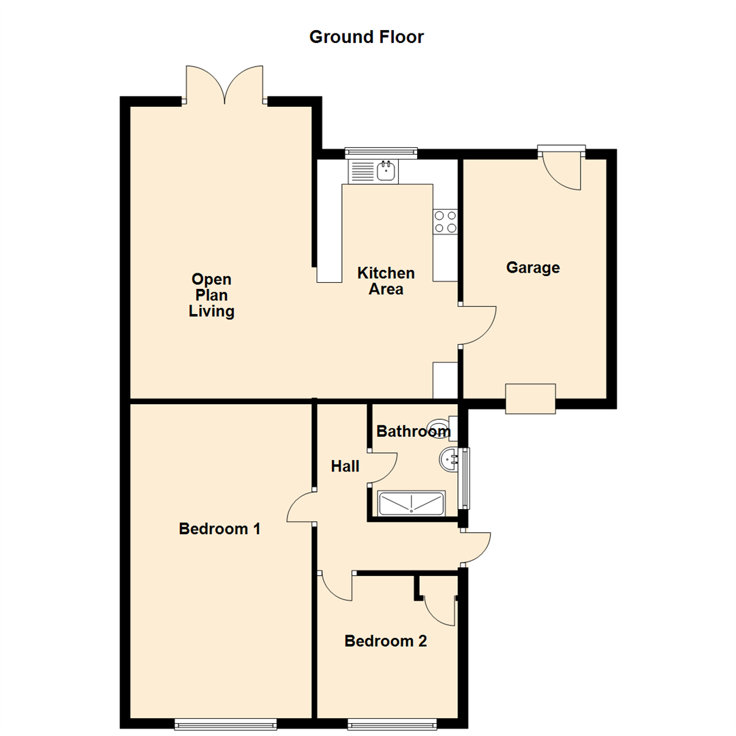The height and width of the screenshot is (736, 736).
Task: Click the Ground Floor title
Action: (x=367, y=37)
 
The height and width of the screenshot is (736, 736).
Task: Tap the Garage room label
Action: (x=532, y=268)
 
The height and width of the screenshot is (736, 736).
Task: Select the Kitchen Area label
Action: (x=386, y=281)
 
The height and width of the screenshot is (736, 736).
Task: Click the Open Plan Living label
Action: (x=211, y=295)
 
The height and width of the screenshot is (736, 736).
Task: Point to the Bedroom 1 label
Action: (x=219, y=528)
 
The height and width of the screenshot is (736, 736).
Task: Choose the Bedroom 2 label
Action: (x=386, y=641)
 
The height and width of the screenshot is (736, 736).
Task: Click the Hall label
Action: (x=345, y=466)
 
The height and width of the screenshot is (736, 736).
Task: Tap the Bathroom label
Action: (x=413, y=431)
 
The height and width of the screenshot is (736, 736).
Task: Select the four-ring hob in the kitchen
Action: (x=445, y=221)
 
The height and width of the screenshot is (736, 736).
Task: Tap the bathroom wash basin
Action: (x=450, y=459)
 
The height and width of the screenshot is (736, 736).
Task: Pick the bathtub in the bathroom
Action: (x=412, y=504)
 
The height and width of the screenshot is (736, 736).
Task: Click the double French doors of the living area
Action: (x=224, y=85)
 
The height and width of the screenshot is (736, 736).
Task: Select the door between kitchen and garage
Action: (x=477, y=326)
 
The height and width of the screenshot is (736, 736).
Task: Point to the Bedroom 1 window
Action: (x=226, y=724)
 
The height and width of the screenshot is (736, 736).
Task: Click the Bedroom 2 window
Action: (x=392, y=724)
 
